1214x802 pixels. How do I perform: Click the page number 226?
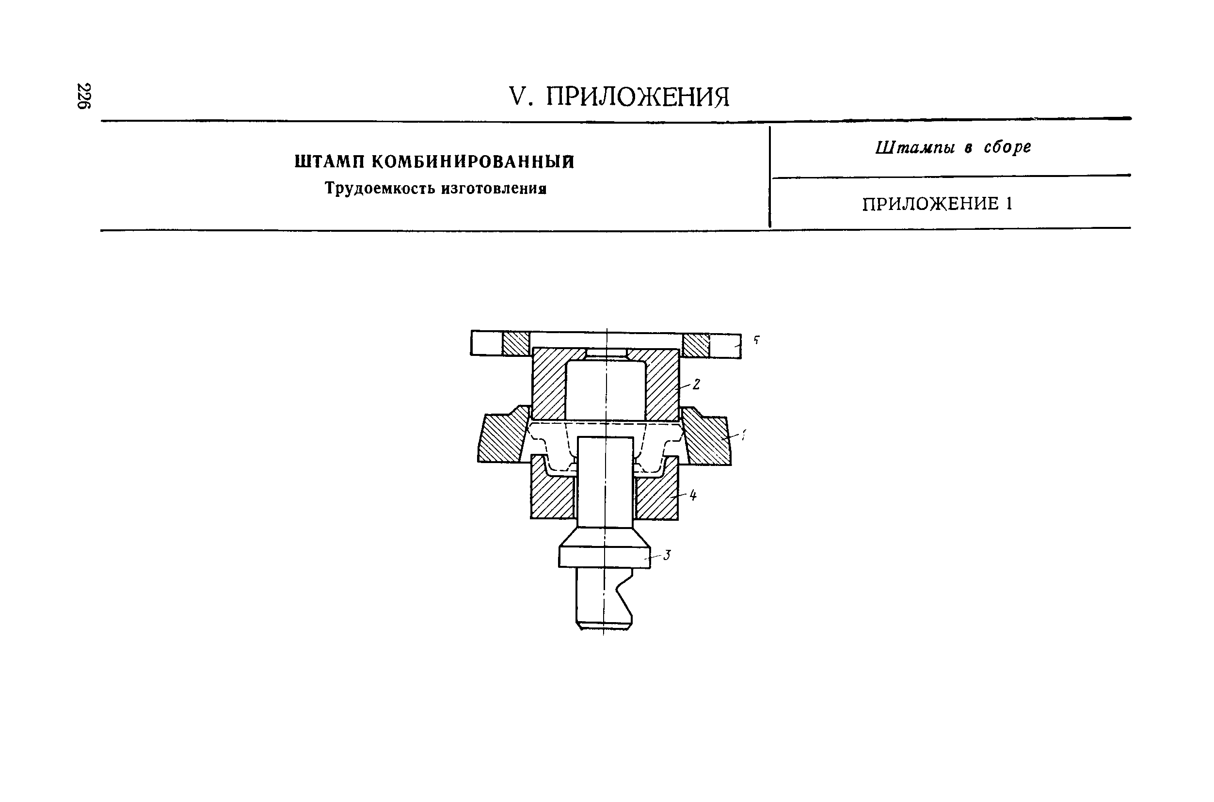83,96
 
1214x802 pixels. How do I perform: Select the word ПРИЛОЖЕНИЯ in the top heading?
637,96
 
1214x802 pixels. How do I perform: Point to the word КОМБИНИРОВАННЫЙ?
473,162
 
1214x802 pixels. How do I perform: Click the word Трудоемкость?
380,189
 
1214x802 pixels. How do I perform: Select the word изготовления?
494,189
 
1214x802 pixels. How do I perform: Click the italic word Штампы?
915,148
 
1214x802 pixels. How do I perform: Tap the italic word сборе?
1007,148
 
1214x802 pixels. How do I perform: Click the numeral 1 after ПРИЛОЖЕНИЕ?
1009,204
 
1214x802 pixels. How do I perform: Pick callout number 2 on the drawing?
696,384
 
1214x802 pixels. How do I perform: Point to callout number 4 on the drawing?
693,495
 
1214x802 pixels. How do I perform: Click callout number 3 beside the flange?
666,556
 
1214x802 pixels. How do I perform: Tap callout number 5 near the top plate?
756,339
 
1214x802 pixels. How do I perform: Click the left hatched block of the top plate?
515,344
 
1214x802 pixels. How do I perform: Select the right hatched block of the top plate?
696,345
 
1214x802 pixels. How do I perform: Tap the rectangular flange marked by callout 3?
604,558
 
